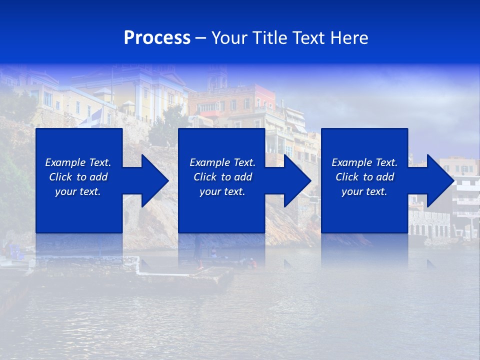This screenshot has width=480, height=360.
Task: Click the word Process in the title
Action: coord(157,38)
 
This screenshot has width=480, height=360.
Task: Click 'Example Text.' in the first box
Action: coord(78,162)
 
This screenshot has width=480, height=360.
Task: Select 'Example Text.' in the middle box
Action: coord(222,162)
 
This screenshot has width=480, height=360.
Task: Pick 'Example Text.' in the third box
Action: coord(364,162)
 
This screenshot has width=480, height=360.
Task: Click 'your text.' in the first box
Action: coord(78,191)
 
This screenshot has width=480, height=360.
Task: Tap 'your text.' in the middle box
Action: coord(222,191)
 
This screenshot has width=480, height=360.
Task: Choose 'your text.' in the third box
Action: coord(364,191)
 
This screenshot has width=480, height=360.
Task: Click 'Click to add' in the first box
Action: coord(78,177)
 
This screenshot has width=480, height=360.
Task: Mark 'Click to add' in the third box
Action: coord(364,177)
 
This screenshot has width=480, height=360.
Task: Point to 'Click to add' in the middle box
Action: coord(222,177)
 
